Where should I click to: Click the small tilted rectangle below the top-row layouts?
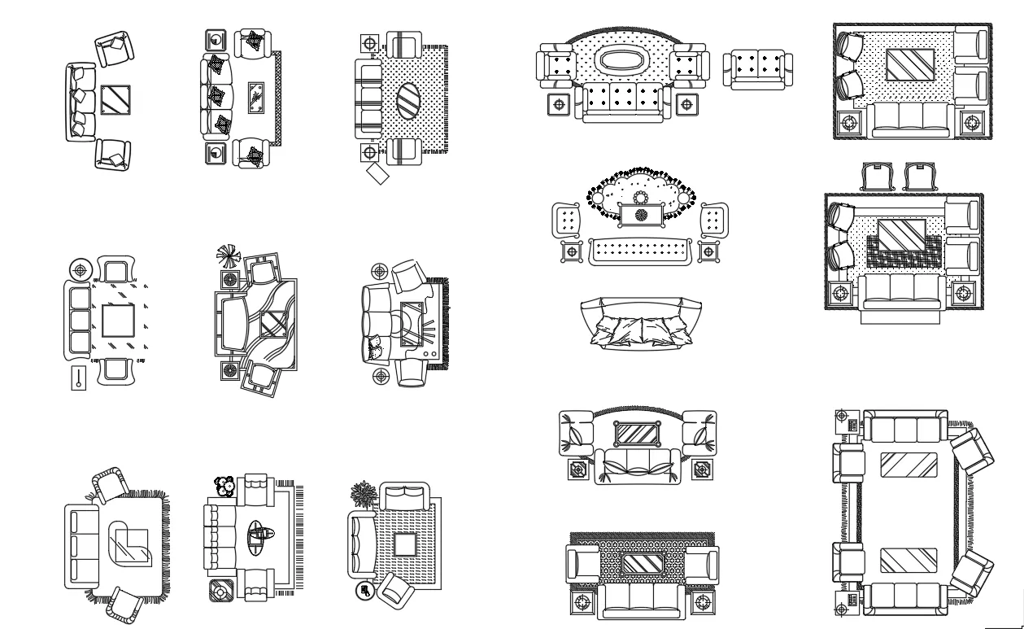tap(377, 173)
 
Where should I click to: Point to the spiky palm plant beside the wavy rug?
tap(229, 256)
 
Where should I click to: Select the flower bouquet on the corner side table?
tap(224, 486)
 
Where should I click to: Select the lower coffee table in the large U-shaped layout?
tap(909, 561)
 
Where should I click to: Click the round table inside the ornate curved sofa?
tap(640, 198)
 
